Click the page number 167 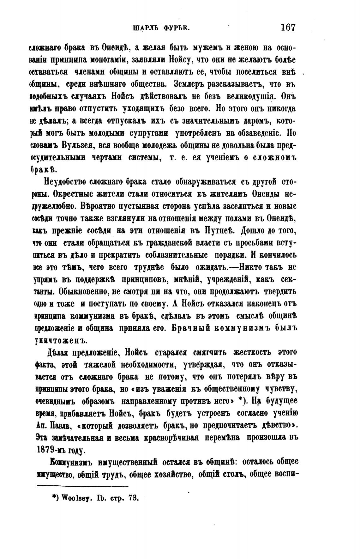tap(287, 27)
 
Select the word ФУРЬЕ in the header tap(176, 28)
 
